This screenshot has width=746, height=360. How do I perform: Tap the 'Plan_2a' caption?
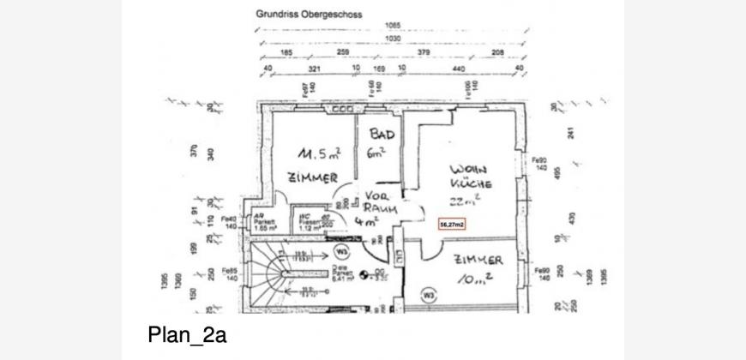coord(186,334)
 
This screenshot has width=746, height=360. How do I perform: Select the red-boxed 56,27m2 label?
coord(452,225)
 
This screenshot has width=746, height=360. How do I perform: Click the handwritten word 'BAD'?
coord(382,135)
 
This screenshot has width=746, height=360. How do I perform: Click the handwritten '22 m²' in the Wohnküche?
coord(465,201)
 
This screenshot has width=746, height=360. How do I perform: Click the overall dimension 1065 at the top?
coord(394,25)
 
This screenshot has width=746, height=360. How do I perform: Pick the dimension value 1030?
coord(394,39)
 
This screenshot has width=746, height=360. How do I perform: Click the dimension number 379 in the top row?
coord(422,53)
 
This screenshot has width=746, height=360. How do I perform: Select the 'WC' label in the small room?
coord(304,217)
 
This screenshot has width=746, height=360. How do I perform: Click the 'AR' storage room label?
coord(259,217)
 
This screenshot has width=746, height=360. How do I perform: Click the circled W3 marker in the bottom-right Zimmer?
coord(428,296)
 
